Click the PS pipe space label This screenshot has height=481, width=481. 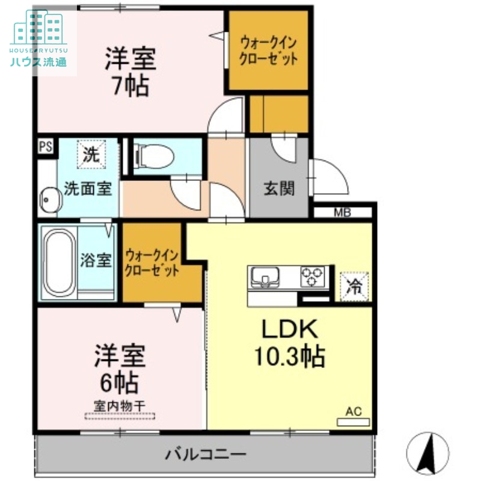coord(46,146)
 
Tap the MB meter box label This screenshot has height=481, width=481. coord(342,212)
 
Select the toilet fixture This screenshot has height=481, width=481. coord(154,156)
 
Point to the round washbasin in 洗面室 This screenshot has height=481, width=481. coord(51,200)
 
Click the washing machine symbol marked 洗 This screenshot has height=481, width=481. coord(91,155)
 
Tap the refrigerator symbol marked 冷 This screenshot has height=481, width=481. coord(354,287)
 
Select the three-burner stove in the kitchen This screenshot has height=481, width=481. coord(312,277)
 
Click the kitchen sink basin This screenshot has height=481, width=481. coord(265,277)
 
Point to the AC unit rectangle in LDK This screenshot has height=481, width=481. coord(353,422)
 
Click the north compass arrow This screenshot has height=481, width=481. coord(427,453)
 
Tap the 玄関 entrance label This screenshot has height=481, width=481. coord(279,188)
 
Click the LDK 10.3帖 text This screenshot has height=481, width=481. coord(290,342)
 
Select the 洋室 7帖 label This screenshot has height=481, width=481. coord(131,72)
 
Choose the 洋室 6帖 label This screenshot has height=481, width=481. coord(120,369)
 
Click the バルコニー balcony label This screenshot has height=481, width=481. coord(206,454)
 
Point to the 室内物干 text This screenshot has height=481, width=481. coord(119,406)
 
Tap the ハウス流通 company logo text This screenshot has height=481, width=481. coord(38,62)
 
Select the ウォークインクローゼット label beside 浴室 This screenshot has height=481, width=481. coord(152,263)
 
